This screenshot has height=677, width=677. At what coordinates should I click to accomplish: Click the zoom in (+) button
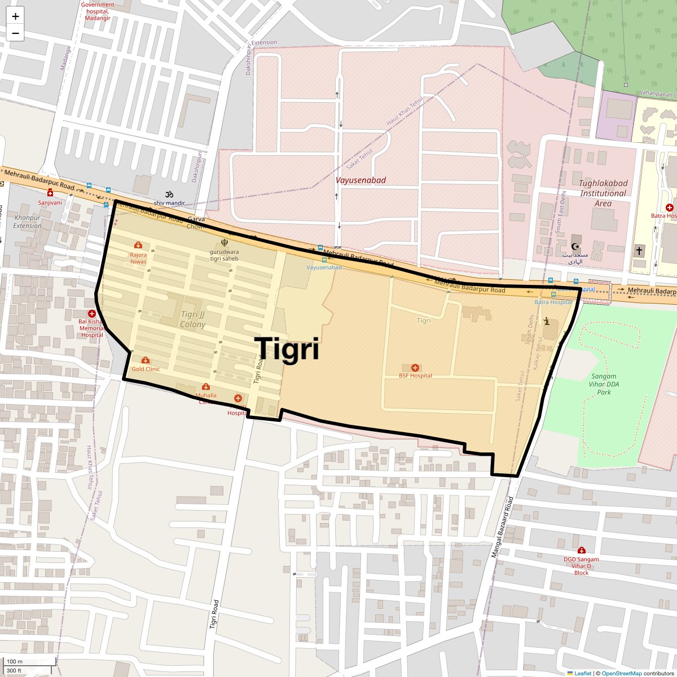[15, 16]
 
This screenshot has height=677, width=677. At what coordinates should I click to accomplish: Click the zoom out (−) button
[15, 33]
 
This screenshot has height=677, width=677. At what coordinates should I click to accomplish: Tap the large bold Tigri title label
[287, 349]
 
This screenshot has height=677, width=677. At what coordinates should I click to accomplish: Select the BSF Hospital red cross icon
[415, 368]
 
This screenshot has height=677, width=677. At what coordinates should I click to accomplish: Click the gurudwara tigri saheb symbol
[225, 243]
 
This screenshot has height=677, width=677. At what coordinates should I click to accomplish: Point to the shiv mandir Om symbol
[168, 194]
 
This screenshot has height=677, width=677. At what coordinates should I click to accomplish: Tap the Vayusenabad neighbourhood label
[361, 180]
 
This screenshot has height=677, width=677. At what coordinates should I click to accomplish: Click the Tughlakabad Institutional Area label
[603, 193]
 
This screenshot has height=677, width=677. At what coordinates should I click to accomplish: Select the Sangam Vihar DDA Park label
[604, 384]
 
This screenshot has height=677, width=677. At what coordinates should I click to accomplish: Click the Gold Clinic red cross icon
[146, 361]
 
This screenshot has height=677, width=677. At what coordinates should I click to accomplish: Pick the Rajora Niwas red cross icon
[138, 245]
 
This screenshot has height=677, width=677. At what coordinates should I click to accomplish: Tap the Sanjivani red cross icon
[50, 193]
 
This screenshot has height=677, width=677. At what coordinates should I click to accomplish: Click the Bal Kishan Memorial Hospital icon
[91, 314]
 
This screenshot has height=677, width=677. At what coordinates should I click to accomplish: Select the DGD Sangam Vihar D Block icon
[581, 550]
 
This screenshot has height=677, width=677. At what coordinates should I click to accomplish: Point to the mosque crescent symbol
[575, 247]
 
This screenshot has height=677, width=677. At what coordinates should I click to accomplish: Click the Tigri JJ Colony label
[193, 319]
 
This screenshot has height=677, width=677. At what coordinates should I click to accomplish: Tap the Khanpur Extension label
[28, 222]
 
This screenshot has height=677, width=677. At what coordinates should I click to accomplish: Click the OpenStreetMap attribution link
[621, 673]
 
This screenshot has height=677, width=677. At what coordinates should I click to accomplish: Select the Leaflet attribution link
[582, 673]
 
